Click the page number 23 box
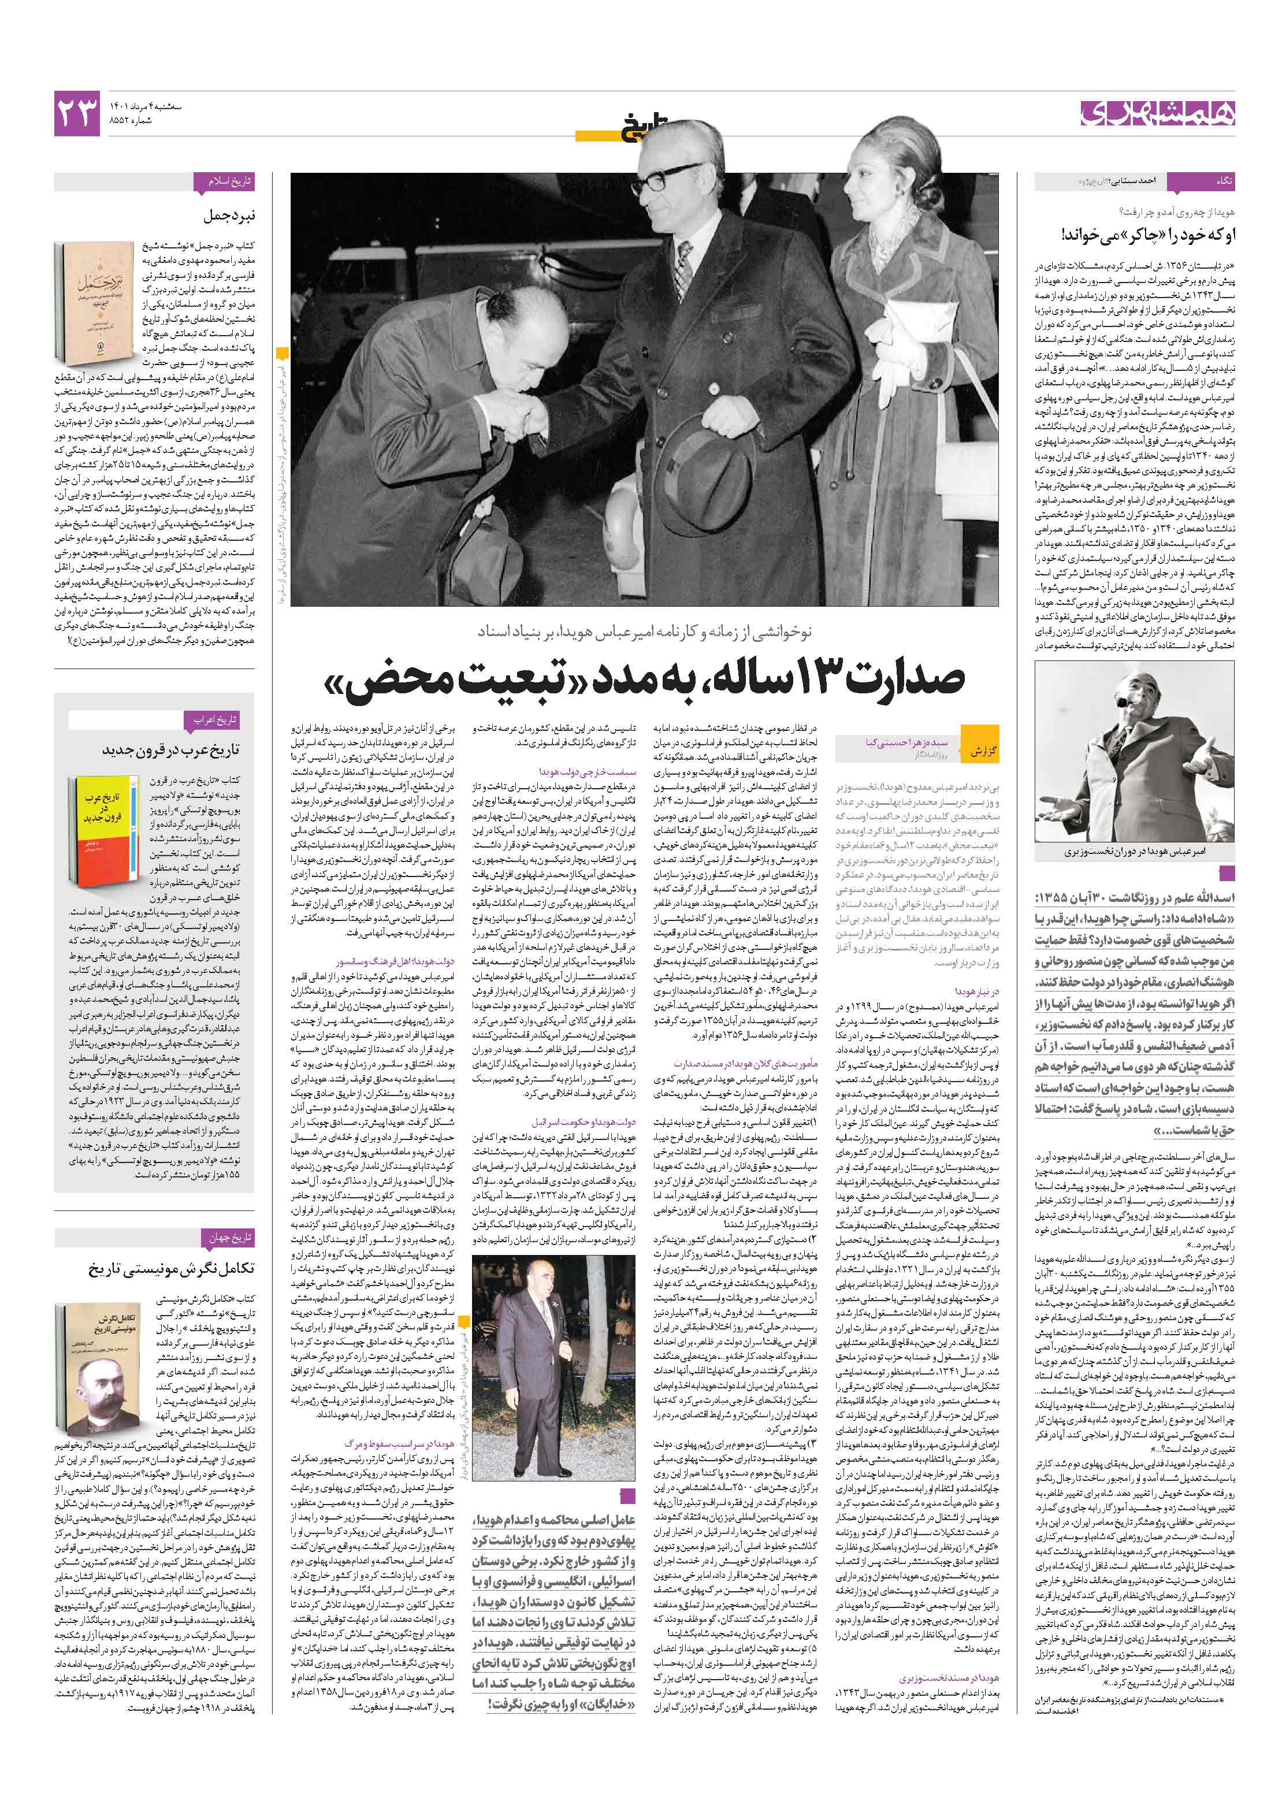click(77, 112)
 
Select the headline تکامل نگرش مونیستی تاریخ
click(171, 1269)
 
